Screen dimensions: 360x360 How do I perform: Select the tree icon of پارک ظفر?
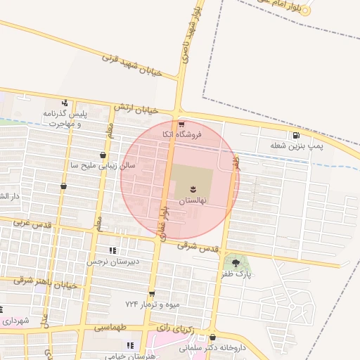[236, 263]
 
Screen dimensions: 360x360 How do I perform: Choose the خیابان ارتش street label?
[134, 108]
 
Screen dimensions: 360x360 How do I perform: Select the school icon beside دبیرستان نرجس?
[112, 250]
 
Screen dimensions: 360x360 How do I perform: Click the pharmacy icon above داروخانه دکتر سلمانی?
[212, 337]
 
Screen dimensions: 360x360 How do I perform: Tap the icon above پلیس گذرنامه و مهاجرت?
[65, 103]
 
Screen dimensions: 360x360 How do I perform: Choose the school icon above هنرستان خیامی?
[129, 345]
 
